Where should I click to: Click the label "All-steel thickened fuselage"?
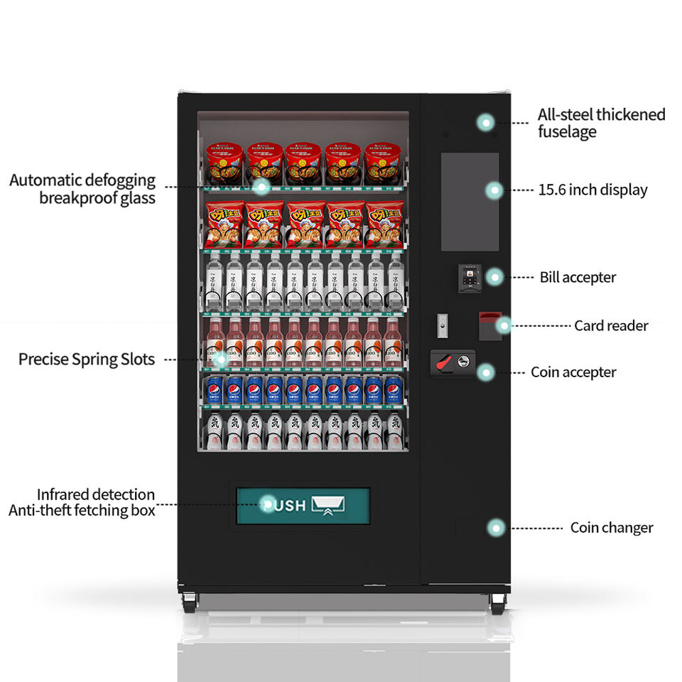(x=601, y=123)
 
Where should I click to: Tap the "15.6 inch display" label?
(x=592, y=190)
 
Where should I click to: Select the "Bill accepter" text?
(x=578, y=277)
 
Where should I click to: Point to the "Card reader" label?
(x=611, y=326)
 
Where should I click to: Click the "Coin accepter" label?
(x=573, y=372)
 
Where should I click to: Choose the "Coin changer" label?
(x=611, y=528)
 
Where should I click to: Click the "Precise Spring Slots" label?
(x=87, y=359)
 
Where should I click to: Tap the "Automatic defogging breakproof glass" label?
(x=82, y=189)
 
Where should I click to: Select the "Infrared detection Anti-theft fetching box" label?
(x=82, y=502)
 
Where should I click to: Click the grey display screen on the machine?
(x=470, y=202)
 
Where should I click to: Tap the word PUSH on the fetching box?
(x=285, y=506)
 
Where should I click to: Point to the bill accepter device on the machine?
(x=470, y=277)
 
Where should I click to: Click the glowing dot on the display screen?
(x=494, y=190)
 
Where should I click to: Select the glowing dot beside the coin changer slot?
(x=496, y=527)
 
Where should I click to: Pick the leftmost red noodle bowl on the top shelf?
(x=224, y=164)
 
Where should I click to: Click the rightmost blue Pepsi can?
(x=393, y=391)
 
